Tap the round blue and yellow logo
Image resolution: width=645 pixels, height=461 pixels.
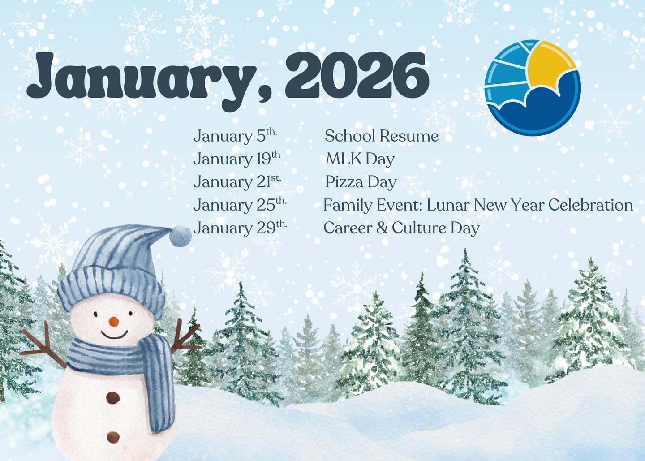532,87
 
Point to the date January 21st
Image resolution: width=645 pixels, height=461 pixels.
237,182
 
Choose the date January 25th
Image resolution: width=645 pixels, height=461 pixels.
240,205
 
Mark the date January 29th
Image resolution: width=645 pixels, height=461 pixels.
240,228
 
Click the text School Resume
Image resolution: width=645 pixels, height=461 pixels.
381,136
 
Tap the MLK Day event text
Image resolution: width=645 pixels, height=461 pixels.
360,159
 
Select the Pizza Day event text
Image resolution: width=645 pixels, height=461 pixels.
361,182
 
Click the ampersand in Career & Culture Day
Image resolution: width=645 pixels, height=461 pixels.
382,228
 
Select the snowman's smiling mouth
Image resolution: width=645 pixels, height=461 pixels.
114,334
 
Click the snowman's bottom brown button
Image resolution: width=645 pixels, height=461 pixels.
113,436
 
